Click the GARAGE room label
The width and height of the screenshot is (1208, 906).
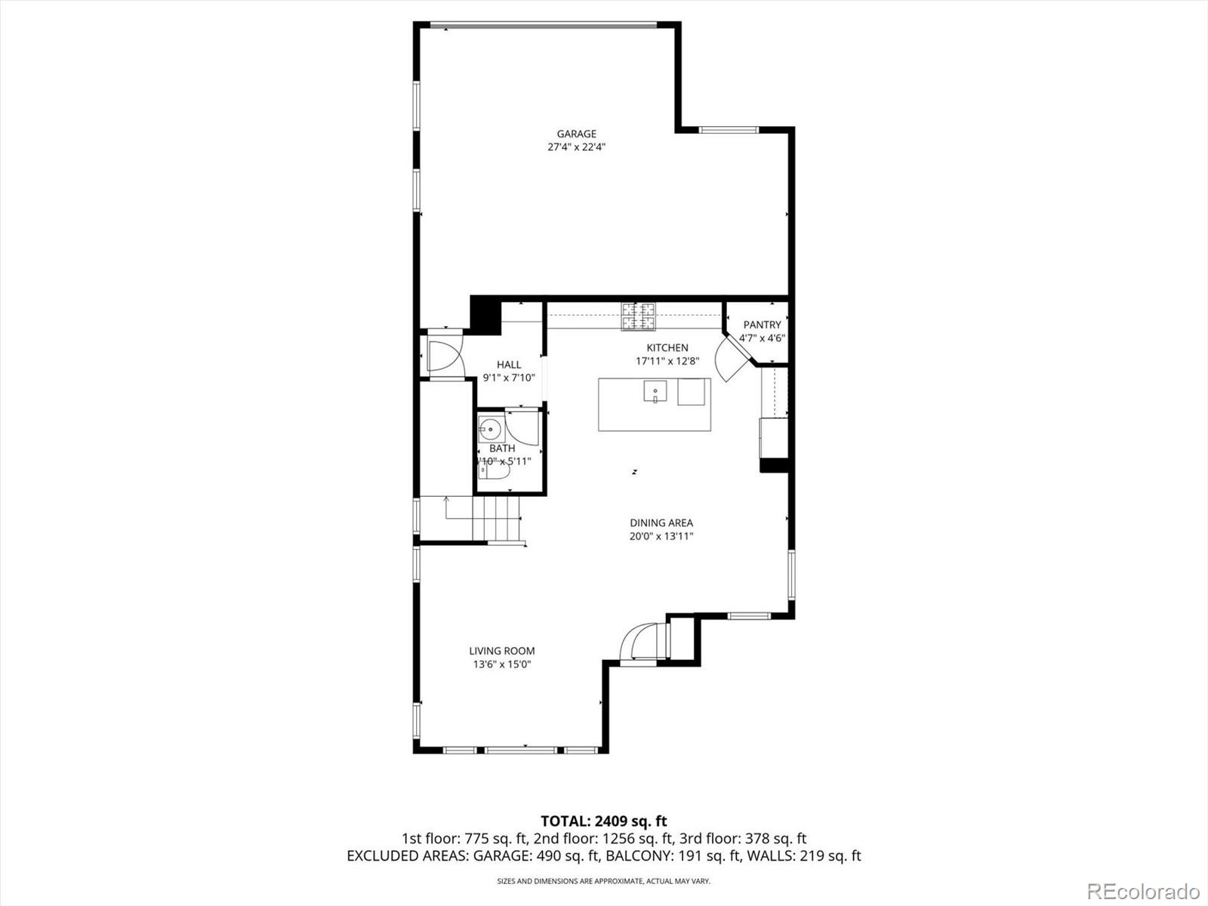point(577,134)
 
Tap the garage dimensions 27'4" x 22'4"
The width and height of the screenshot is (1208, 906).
point(577,147)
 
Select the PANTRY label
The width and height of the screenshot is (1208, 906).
point(762,325)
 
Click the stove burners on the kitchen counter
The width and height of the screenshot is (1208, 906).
point(639,316)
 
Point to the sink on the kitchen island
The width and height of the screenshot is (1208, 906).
point(655,392)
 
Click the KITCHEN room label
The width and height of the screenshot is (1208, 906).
point(667,347)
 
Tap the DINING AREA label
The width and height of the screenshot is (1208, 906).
point(661,522)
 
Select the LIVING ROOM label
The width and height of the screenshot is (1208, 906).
point(501,651)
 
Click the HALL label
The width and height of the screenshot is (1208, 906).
point(509,365)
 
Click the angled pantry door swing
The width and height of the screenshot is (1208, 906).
point(730,359)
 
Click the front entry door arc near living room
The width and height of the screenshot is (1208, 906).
point(640,642)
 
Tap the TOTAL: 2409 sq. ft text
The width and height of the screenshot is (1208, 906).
point(603,821)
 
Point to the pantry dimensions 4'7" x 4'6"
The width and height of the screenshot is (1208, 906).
point(762,338)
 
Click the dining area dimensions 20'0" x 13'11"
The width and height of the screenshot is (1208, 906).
point(661,536)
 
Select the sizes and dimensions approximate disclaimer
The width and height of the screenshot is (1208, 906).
point(603,881)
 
